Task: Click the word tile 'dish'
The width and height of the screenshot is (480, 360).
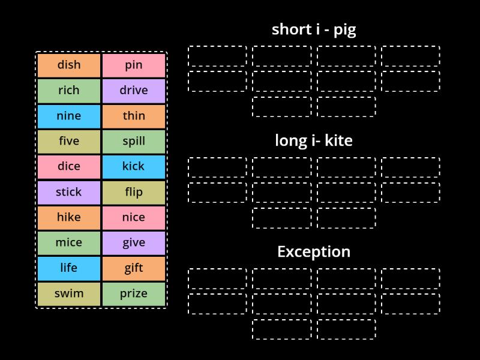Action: (69, 65)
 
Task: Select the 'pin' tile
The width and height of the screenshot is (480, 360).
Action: (134, 65)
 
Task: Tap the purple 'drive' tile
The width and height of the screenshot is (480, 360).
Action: (134, 91)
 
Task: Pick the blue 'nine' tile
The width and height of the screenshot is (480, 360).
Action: (69, 116)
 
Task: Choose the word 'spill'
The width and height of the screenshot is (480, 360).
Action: (134, 142)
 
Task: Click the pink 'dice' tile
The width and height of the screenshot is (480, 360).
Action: (69, 167)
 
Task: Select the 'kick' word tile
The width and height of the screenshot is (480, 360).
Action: (134, 167)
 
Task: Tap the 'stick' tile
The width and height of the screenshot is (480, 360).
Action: (69, 193)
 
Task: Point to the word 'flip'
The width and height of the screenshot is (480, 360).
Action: (134, 193)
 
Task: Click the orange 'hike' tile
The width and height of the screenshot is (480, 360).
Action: (69, 218)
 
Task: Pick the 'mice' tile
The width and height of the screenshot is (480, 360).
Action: (69, 243)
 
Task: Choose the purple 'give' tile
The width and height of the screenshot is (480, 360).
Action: (134, 243)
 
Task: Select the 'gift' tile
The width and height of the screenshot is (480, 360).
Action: (134, 269)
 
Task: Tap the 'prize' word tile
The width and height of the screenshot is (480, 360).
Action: (134, 294)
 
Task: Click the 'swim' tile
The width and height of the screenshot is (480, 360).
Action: (69, 294)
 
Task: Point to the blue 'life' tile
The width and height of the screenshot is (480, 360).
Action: (69, 269)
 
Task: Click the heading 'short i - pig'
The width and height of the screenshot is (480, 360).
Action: (314, 29)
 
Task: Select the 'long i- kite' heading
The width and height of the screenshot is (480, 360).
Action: (314, 141)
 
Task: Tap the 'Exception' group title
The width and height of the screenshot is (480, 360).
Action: (314, 252)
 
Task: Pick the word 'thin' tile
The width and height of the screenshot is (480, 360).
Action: (134, 116)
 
